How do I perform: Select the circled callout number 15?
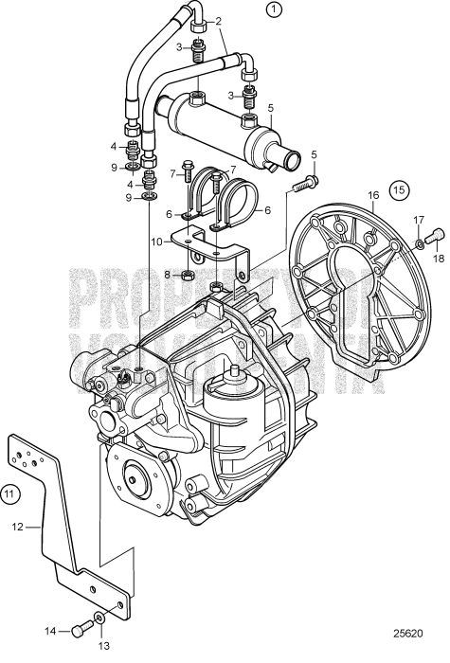click(x=401, y=189)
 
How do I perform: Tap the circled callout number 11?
click(x=9, y=493)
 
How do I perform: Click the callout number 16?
click(x=373, y=196)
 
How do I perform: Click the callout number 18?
click(x=438, y=256)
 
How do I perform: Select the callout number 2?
click(x=219, y=20)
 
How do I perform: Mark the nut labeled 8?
click(x=187, y=275)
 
